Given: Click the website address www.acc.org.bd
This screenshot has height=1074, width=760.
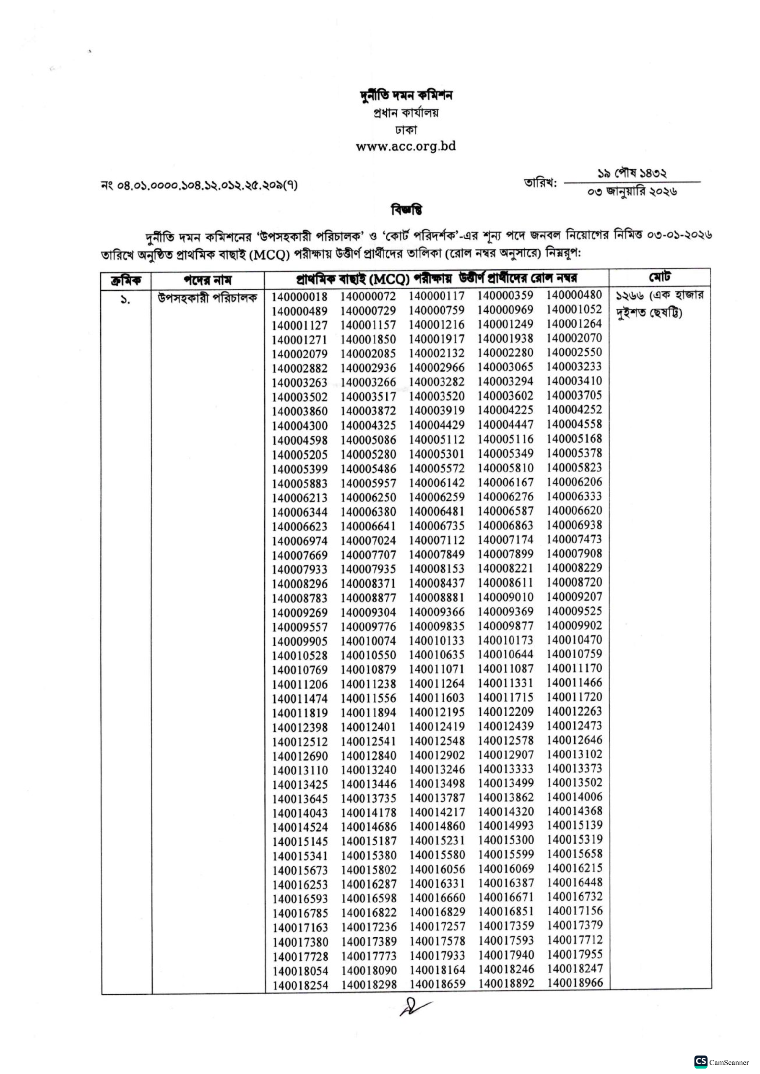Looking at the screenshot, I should click(x=405, y=146).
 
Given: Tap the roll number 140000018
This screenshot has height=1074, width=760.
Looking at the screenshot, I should click(x=299, y=297).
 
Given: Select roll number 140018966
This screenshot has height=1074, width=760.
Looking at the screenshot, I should click(x=575, y=983).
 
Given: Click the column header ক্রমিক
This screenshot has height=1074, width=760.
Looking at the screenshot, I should click(x=125, y=280).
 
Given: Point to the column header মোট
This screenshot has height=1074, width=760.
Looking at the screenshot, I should click(x=659, y=277).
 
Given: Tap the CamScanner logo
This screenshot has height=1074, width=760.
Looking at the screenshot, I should click(x=700, y=1061).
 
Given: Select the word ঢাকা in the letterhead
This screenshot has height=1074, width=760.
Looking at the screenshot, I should click(x=406, y=130).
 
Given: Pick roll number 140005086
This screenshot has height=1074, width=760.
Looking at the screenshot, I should click(x=368, y=441).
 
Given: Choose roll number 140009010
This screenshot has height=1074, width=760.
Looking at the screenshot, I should click(x=505, y=597).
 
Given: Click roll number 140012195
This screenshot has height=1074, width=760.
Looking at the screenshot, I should click(x=437, y=712).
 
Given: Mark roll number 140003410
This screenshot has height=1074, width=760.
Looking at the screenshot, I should click(x=574, y=381).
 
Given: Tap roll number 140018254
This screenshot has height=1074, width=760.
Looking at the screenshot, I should click(x=300, y=985).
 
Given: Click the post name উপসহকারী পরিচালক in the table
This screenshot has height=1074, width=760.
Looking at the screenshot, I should click(x=207, y=298).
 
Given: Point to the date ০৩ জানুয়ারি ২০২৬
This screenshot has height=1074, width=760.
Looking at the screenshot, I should click(x=632, y=191).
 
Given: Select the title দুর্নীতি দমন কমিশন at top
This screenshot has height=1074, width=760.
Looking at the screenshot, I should click(x=406, y=96).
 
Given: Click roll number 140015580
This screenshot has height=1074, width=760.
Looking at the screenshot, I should click(x=437, y=855).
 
